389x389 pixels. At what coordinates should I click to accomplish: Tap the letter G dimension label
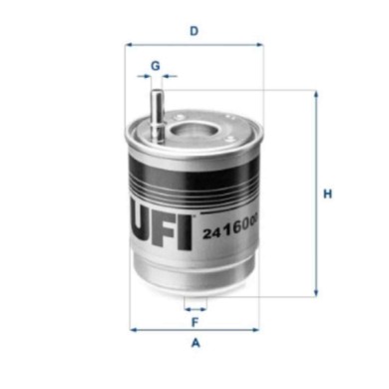pyautogui.click(x=155, y=66)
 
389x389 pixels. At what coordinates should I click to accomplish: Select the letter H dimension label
pyautogui.click(x=326, y=194)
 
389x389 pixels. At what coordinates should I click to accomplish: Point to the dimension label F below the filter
pyautogui.click(x=195, y=321)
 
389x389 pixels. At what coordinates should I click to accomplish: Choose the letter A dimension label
pyautogui.click(x=195, y=344)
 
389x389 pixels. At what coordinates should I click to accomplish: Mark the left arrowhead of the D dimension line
pyautogui.click(x=132, y=46)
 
